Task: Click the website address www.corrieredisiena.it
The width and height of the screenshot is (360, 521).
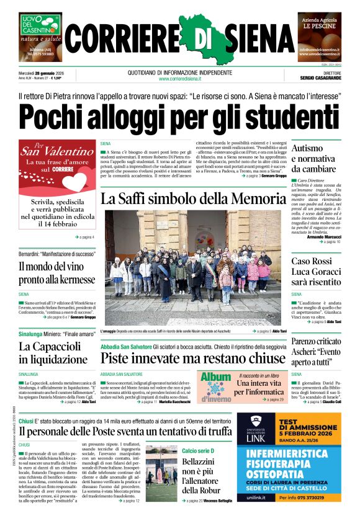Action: click(x=180, y=79)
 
